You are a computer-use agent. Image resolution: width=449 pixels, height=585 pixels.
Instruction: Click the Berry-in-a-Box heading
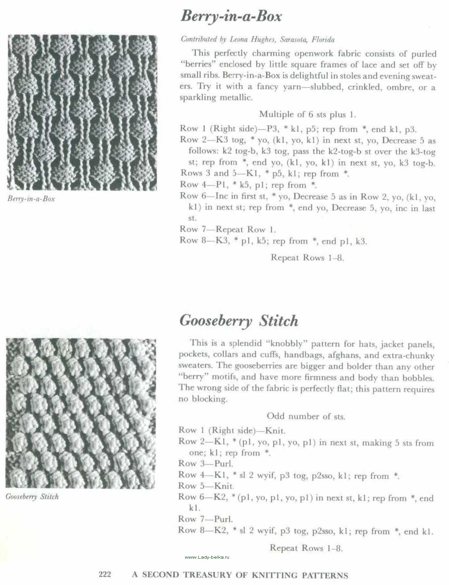(x=231, y=16)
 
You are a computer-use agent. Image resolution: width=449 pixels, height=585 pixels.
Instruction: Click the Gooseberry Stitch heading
(x=239, y=321)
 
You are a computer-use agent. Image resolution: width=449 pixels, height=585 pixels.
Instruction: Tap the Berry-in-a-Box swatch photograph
(x=82, y=112)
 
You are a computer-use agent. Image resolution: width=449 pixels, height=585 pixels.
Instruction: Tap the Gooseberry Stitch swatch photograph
(x=81, y=413)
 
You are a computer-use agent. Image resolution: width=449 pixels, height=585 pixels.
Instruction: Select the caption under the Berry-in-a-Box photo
(x=31, y=199)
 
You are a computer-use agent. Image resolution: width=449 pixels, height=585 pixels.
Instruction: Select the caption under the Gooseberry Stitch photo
(x=32, y=497)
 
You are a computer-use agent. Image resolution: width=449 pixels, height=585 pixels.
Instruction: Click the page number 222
(x=105, y=574)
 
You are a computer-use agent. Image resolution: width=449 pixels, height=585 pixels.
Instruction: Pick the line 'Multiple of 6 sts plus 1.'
(x=307, y=114)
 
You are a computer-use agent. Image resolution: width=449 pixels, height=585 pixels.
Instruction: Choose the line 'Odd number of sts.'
(x=306, y=416)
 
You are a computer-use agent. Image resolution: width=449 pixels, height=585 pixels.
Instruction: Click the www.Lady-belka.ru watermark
(x=207, y=557)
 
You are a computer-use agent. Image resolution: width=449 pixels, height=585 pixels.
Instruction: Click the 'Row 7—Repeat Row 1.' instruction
(x=228, y=229)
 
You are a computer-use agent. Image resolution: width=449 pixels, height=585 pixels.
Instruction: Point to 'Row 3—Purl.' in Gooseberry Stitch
(x=206, y=463)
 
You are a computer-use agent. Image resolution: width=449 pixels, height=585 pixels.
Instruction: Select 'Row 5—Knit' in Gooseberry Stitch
(x=206, y=486)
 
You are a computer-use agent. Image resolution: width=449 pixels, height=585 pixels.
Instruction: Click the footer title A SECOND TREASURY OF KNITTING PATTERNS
(x=240, y=575)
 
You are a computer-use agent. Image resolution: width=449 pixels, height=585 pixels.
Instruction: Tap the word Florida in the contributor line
(x=323, y=40)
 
